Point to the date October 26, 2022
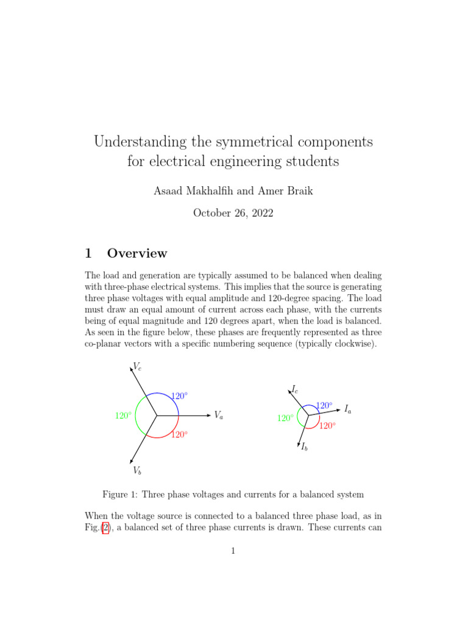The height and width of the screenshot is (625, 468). coord(233,213)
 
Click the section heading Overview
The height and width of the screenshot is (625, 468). coord(136,253)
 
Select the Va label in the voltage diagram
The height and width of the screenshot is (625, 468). coord(218,415)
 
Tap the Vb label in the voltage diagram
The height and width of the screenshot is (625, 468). coord(137,471)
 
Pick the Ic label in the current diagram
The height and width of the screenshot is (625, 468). coord(294,389)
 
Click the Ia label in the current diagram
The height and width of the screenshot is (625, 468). coord(347,409)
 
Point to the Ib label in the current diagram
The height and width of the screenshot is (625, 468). coord(304,447)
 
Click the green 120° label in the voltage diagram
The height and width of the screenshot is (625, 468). coord(123,416)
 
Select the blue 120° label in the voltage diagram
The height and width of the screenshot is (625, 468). coord(179,396)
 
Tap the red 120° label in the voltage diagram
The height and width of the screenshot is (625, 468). coord(179,435)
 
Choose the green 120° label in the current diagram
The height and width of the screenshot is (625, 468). coord(286,419)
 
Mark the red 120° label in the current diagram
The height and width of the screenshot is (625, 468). coord(328,426)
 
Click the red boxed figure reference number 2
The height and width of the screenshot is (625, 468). coord(106,529)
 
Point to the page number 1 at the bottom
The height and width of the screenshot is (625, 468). coord(233,551)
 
